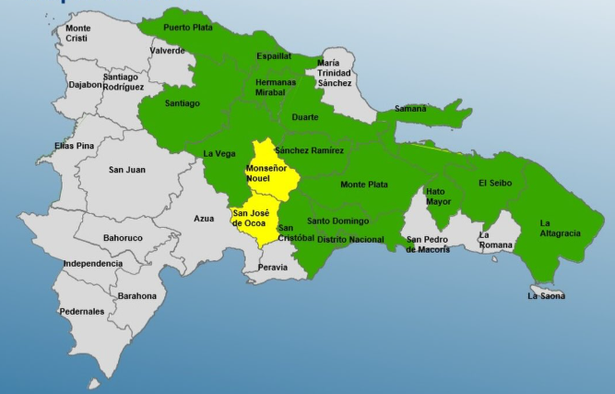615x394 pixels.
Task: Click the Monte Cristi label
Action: click(77, 33)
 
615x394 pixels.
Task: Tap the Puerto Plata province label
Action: click(188, 28)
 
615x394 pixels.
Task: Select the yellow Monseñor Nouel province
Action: click(270, 175)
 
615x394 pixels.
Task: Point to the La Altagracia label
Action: click(560, 228)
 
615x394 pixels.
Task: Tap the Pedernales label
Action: click(82, 312)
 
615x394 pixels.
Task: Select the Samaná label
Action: click(410, 108)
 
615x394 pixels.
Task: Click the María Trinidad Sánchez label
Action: click(334, 72)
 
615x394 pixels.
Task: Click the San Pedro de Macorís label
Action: click(429, 245)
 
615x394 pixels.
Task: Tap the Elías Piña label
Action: click(75, 146)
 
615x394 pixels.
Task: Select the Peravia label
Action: click(273, 268)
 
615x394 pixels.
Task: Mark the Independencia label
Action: click(93, 264)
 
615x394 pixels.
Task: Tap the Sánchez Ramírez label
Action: click(309, 150)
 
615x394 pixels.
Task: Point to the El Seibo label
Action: click(494, 184)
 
